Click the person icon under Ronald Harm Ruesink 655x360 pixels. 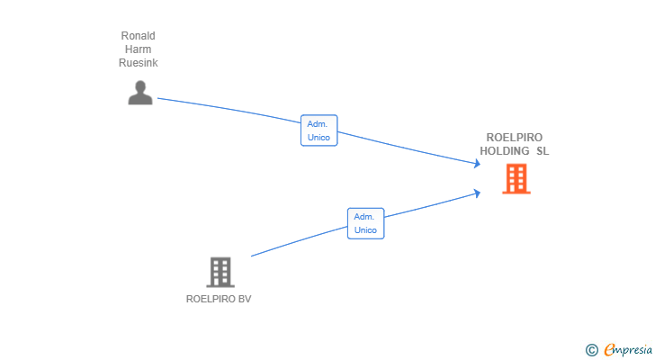[x=139, y=93]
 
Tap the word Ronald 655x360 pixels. [x=139, y=36]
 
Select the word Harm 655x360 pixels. [x=139, y=49]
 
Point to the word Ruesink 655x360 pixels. [x=139, y=63]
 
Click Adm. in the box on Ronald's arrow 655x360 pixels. [x=318, y=124]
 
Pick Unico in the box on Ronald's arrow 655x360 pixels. [x=319, y=138]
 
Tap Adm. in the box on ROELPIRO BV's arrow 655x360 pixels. [x=364, y=217]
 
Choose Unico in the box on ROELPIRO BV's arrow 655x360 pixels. [x=365, y=230]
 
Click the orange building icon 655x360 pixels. [x=516, y=179]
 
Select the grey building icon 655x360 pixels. [x=220, y=272]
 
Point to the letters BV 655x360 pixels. [x=245, y=299]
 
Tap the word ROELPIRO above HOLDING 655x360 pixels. [x=514, y=138]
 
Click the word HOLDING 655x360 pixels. [x=505, y=151]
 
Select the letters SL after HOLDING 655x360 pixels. [x=543, y=151]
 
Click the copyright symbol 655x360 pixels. [x=591, y=349]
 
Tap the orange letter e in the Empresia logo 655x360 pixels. [x=608, y=349]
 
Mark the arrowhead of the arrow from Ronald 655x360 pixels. [x=478, y=163]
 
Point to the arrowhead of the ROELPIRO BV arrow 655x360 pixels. [x=478, y=192]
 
